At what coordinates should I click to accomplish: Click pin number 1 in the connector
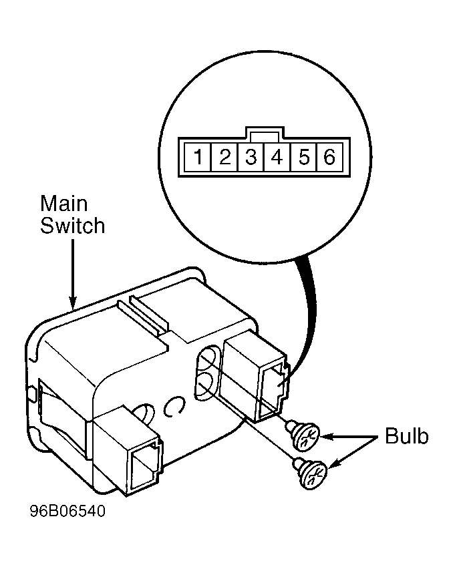point(198,157)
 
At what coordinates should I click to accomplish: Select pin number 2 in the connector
point(224,157)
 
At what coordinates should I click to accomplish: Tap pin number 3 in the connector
point(251,157)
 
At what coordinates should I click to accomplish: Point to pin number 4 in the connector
point(277,157)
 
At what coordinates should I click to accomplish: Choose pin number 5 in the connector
point(304,157)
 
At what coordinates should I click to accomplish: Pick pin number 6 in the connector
point(329,157)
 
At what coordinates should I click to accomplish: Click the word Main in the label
point(64,204)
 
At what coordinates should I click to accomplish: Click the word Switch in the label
point(72,225)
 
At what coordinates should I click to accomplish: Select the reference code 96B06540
point(67,511)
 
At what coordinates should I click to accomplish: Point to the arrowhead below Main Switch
point(73,303)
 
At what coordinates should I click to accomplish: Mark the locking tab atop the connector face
point(264,133)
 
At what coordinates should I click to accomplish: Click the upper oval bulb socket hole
point(208,358)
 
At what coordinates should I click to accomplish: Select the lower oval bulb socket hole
point(206,386)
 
